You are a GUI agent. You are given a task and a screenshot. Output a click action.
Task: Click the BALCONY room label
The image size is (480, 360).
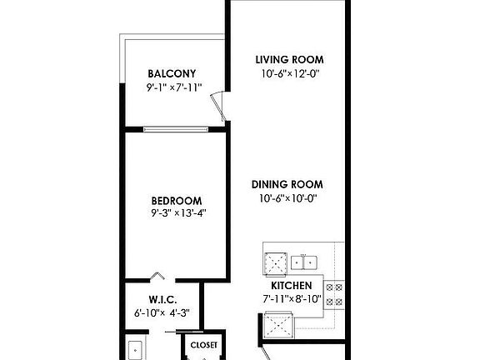coord(172,72)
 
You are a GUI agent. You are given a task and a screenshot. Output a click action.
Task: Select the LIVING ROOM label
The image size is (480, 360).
coord(288,60)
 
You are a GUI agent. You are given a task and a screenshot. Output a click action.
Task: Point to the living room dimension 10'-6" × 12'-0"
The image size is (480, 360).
coord(288,73)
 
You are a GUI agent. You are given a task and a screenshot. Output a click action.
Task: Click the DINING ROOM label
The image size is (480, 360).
coord(288,184)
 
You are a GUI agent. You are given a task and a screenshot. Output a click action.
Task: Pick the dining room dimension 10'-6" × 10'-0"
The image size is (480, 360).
coord(288,197)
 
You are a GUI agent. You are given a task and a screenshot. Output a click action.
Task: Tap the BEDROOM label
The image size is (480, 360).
coord(176,200)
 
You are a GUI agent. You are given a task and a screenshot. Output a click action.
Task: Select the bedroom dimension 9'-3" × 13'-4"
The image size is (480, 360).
coord(176,213)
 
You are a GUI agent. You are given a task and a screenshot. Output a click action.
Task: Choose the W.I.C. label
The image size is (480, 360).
coord(161,300)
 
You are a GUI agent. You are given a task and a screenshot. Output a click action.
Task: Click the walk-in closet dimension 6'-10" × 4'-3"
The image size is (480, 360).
coord(162,313)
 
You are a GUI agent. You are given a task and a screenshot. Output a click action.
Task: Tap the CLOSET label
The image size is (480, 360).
coord(203,345)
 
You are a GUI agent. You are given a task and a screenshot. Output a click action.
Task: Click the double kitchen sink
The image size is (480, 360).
coord(304,262)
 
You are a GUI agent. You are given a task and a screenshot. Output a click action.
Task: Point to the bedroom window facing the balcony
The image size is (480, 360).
coord(176,128)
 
